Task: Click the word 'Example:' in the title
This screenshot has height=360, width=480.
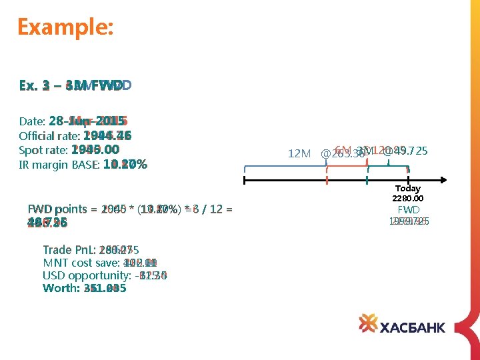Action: [65, 27]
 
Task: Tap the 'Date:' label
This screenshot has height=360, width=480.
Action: [32, 122]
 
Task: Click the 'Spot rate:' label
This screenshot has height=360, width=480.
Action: [43, 150]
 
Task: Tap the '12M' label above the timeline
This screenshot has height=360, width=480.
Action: [299, 154]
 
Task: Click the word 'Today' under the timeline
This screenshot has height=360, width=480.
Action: [408, 189]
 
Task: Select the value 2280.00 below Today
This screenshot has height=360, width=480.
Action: [409, 199]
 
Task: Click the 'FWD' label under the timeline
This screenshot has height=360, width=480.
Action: [409, 209]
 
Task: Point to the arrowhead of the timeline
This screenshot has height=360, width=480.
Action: [442, 179]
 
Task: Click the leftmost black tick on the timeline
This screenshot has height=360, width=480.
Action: [245, 179]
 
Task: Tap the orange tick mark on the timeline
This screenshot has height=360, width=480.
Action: [327, 179]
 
